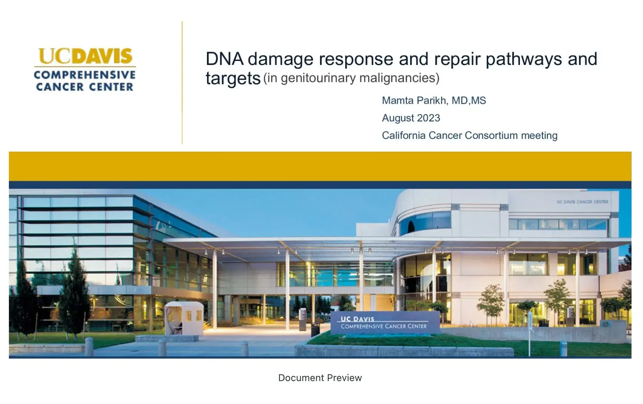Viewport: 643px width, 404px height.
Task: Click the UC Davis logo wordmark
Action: point(85,56)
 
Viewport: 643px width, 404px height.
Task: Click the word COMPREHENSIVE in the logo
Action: point(85,75)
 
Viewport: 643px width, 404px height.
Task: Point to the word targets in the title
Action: point(233,78)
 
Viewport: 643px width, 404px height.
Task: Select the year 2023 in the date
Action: point(429,118)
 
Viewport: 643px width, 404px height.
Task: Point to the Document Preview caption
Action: point(320,378)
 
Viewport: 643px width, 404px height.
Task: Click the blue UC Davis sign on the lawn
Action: point(384,323)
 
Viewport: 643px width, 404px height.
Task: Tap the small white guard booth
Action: point(184,317)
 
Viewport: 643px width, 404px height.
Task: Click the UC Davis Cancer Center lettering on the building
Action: point(582,202)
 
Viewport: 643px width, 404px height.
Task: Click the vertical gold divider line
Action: point(182,83)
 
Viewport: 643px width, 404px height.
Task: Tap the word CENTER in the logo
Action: point(111,87)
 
